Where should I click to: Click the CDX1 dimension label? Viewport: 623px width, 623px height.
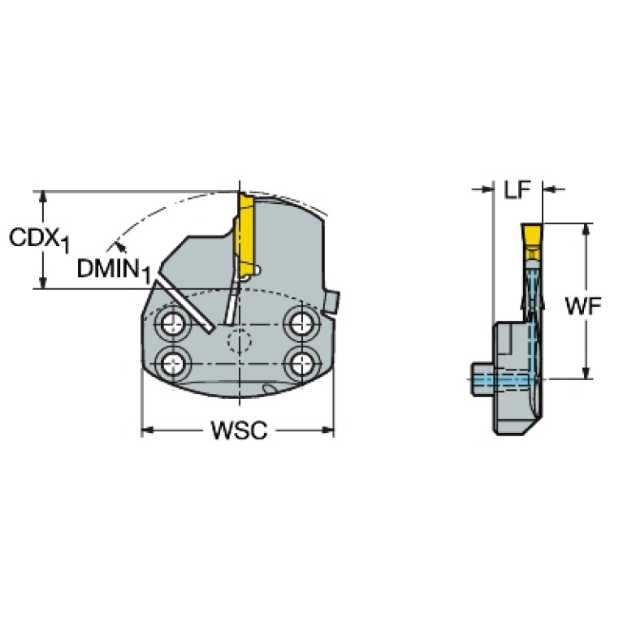39,240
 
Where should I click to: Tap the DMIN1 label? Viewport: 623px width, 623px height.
114,270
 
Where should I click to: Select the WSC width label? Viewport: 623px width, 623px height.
239,430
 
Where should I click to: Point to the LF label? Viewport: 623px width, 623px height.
517,189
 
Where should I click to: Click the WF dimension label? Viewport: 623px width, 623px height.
583,306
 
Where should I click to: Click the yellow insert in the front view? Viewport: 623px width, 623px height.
246,236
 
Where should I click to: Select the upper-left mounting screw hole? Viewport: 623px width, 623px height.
173,325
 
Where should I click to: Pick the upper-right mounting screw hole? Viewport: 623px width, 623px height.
302,324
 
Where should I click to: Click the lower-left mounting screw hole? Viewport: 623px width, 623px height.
174,362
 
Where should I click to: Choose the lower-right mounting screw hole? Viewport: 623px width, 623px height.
302,362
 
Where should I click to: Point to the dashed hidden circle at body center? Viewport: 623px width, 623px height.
239,341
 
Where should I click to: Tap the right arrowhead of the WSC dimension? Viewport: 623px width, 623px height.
328,430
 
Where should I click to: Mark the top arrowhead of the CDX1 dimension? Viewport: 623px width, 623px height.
43,197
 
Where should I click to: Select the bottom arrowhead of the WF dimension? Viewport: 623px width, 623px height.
586,372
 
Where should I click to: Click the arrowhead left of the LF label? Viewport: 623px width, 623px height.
487,189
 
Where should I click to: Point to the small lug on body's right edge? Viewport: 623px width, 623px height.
332,302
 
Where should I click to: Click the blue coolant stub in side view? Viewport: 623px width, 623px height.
482,379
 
